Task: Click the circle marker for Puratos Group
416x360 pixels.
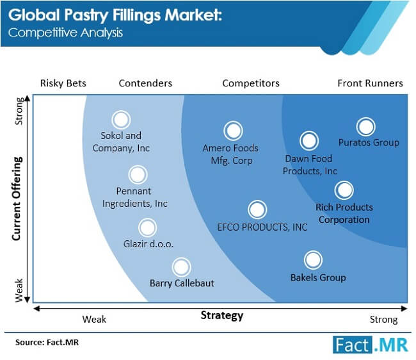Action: point(365,127)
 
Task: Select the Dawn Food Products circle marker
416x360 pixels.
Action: point(309,140)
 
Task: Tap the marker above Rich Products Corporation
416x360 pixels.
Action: point(344,190)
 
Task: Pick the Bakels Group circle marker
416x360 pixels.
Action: point(313,260)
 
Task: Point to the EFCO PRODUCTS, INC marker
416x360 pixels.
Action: point(257,209)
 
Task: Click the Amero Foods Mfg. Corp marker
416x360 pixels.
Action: point(233,131)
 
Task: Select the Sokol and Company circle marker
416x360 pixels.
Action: point(121,120)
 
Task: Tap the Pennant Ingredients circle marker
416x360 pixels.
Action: point(138,175)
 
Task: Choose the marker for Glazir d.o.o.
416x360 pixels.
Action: point(147,228)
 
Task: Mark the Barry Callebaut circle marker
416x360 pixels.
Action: point(182,267)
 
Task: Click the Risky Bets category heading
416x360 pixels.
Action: point(63,83)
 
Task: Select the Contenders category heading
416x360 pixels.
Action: point(145,83)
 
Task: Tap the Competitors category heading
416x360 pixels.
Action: point(251,83)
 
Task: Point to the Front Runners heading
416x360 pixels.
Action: point(370,83)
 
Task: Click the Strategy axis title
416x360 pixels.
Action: point(222,315)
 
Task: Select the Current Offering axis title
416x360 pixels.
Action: point(17,199)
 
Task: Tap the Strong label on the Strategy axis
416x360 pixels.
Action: point(383,320)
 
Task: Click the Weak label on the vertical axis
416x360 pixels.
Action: point(19,290)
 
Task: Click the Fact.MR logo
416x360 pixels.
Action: point(371,345)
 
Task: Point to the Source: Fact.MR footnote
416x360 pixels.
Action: point(47,342)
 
